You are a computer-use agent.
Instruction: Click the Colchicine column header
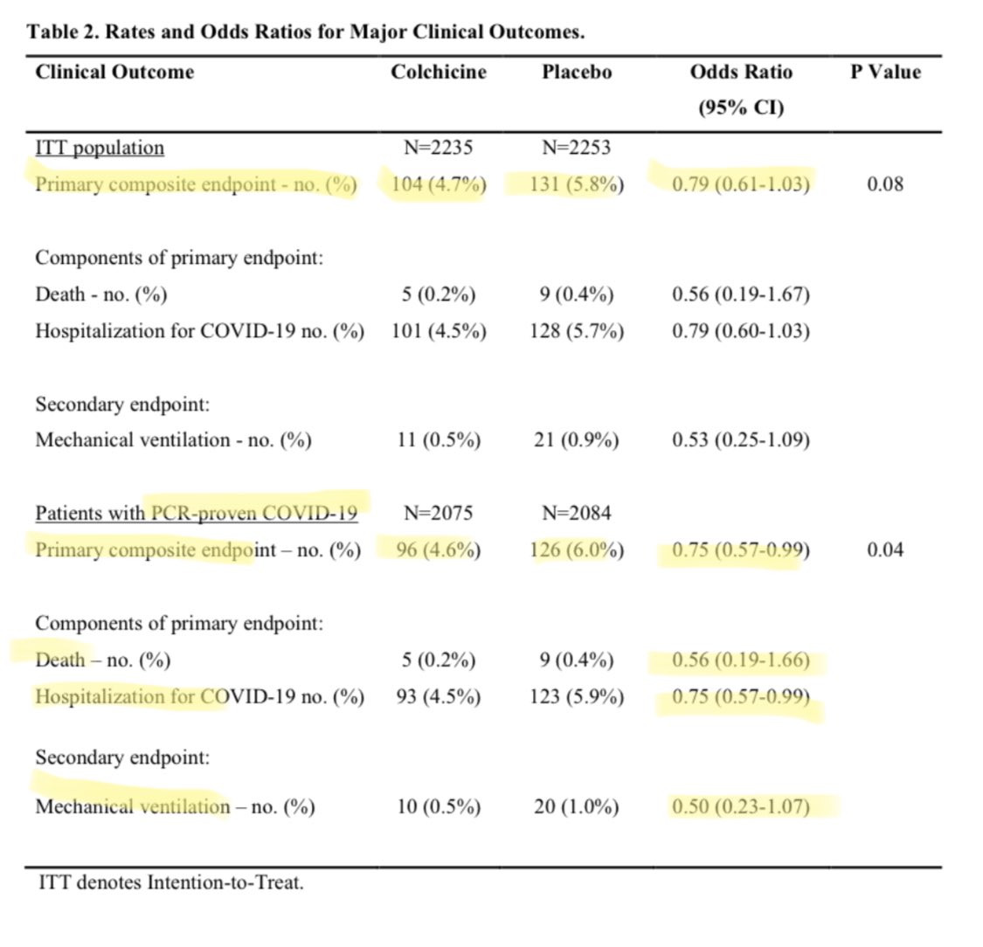click(438, 72)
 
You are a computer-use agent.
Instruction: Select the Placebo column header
click(576, 72)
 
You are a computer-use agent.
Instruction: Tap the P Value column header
click(885, 72)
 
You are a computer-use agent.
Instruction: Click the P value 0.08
click(885, 184)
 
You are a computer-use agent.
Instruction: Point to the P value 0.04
click(885, 550)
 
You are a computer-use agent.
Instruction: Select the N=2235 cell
click(438, 148)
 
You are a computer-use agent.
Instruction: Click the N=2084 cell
click(576, 514)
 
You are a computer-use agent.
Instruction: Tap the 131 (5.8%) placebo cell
click(577, 184)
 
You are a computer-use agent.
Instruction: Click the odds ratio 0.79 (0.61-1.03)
click(740, 184)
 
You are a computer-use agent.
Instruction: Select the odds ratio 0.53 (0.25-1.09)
click(740, 440)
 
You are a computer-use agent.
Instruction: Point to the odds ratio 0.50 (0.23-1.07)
click(740, 806)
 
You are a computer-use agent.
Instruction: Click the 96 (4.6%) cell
click(438, 550)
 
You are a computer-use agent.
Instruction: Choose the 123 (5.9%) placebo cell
click(577, 697)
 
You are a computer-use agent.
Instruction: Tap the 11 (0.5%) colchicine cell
click(438, 440)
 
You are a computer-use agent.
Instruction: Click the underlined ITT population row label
click(100, 148)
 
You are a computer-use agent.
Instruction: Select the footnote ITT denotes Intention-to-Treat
click(171, 882)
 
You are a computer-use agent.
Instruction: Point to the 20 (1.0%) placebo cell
click(577, 806)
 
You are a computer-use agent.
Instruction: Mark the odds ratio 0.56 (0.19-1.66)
click(740, 660)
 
